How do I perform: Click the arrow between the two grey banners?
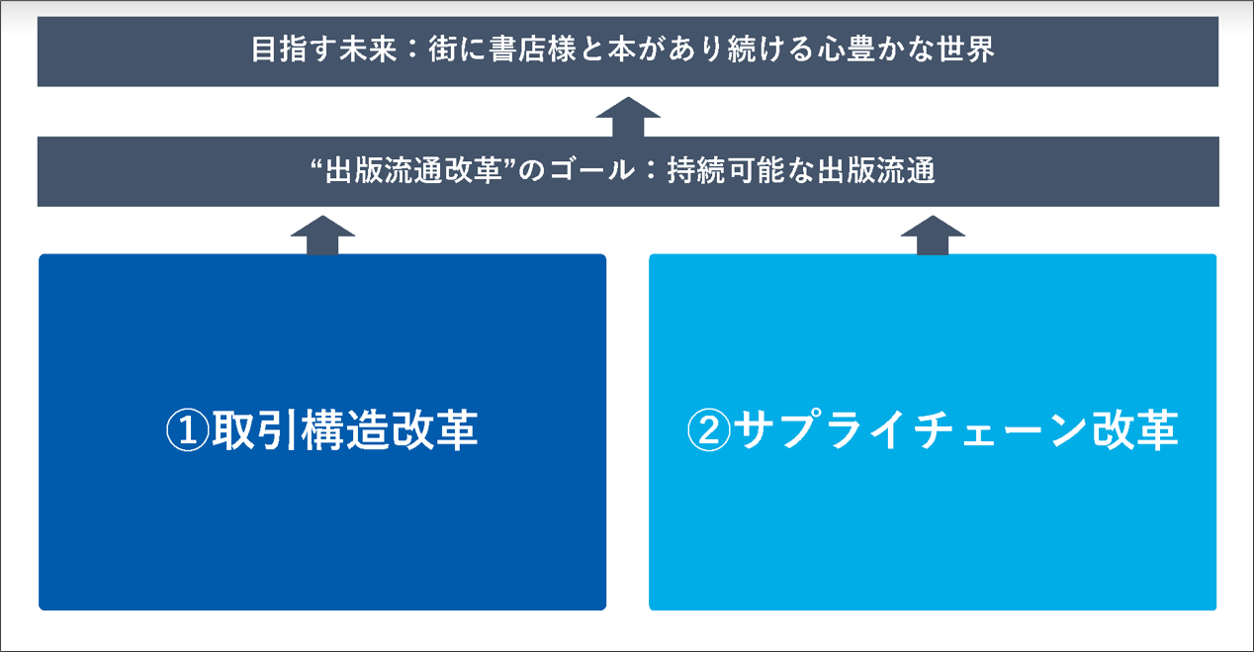coord(628,116)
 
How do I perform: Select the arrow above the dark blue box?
coord(323,233)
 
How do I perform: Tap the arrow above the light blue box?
coord(932,233)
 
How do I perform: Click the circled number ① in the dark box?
coord(186,432)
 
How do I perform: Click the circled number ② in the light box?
coord(708,432)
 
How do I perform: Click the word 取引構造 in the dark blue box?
coord(300,432)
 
